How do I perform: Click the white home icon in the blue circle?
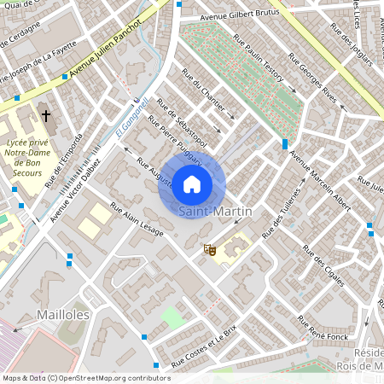click(x=192, y=184)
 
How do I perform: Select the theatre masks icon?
click(x=207, y=250)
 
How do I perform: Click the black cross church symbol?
click(x=45, y=114)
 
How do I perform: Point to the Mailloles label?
click(x=63, y=315)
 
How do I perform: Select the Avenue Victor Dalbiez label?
click(x=76, y=188)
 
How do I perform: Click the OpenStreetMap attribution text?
click(x=85, y=377)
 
